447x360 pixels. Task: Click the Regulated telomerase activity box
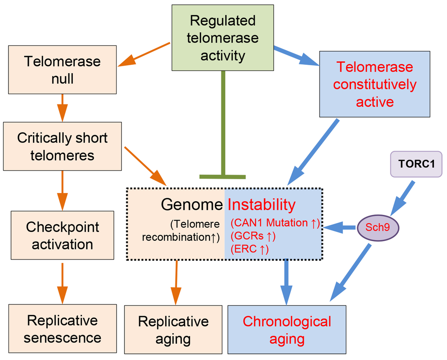[x=223, y=38]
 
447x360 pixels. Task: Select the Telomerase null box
[x=62, y=70]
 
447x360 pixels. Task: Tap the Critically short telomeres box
[x=62, y=146]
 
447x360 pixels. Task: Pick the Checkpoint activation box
[x=62, y=235]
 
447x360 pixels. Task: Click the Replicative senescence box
[x=62, y=329]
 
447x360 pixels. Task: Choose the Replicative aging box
[x=173, y=330]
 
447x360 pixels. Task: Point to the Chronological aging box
[x=287, y=330]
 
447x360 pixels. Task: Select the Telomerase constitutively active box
[x=374, y=84]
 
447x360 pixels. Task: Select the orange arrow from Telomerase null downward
[x=62, y=107]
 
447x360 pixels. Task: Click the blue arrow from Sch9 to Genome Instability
[x=342, y=227]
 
